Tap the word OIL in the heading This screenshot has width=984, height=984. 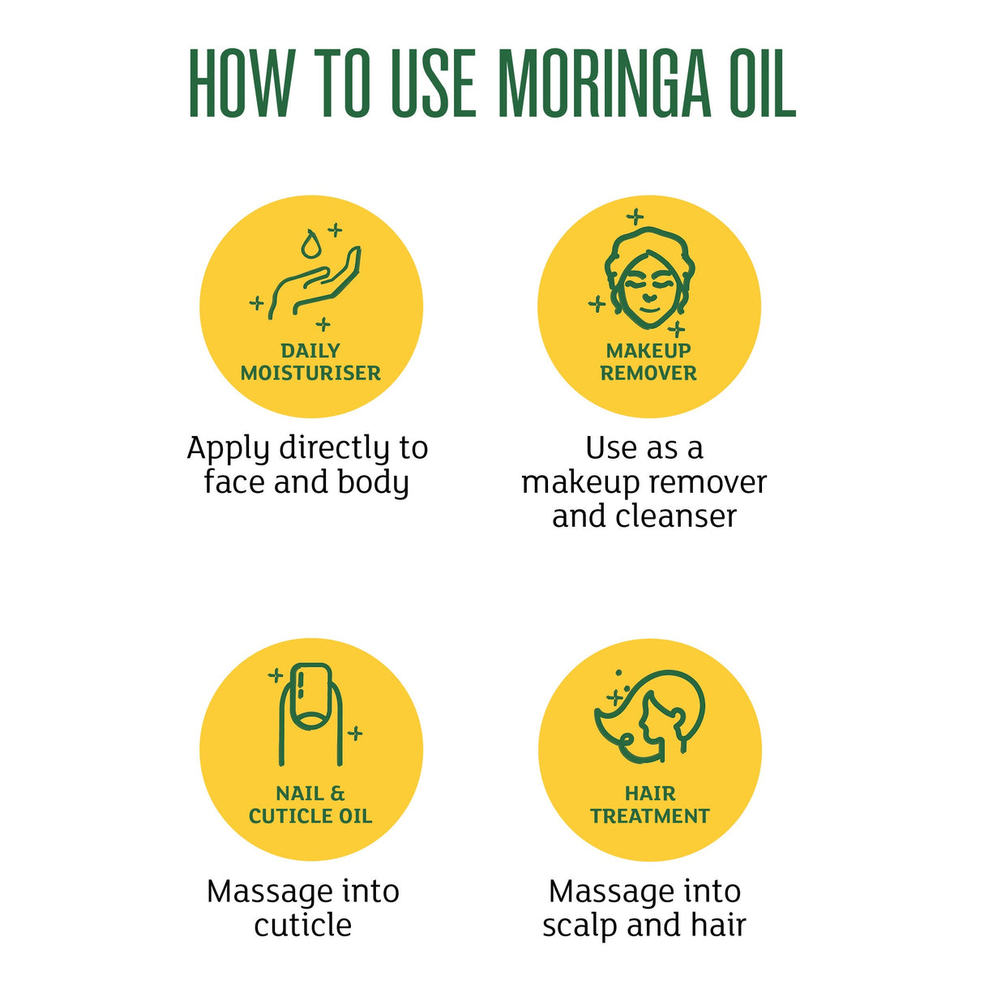763,83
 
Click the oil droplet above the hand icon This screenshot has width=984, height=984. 310,244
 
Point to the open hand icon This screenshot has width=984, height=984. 315,283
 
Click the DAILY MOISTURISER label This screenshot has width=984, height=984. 310,362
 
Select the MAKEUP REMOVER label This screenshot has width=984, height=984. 648,362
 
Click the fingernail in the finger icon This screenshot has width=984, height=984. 311,695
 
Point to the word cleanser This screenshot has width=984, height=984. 676,516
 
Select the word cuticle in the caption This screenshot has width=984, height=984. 303,926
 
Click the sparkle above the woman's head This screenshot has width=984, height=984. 635,216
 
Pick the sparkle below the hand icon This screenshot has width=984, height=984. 323,323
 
